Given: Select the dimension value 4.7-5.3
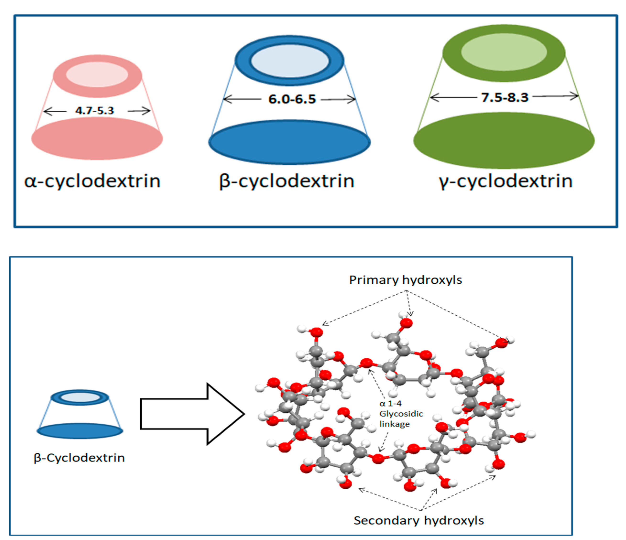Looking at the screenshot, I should tap(95, 111).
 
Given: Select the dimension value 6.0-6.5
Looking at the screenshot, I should tap(292, 99).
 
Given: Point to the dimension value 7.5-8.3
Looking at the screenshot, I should tap(505, 97).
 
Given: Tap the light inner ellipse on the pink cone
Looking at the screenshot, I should tap(97, 75).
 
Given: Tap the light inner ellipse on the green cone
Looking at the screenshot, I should tap(504, 52).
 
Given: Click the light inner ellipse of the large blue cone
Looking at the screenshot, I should tap(290, 61).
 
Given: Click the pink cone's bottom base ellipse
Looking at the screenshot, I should tap(97, 139).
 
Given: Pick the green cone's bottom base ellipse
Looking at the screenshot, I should tap(504, 141).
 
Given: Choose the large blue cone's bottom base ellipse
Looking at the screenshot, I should tap(289, 142).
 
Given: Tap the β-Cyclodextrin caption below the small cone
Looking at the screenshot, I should tap(79, 458).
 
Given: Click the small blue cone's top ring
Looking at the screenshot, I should tap(80, 397).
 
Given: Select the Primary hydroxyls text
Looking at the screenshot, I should tap(405, 280).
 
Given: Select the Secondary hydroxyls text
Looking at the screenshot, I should tap(419, 520).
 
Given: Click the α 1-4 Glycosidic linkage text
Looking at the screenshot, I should tap(401, 414).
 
